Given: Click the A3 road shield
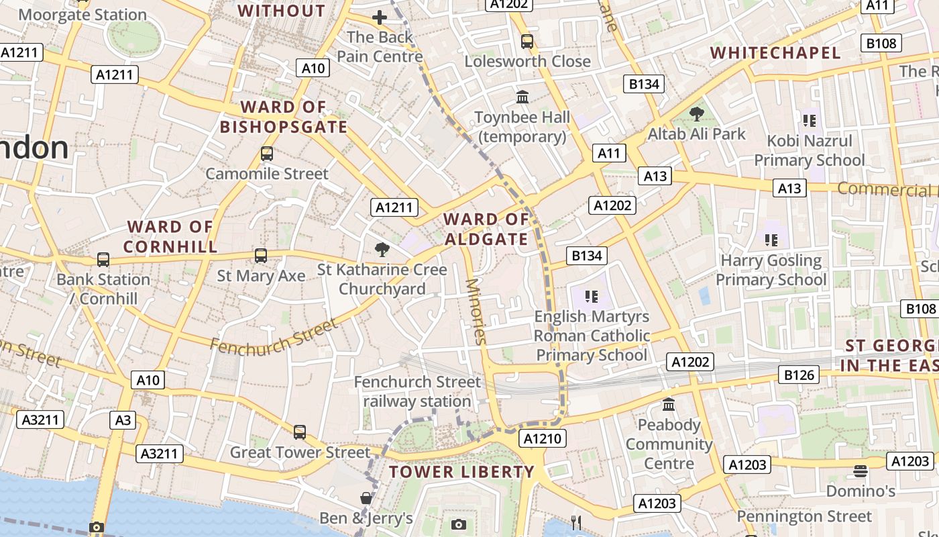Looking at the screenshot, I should click(123, 420).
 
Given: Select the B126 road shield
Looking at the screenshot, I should click(799, 375).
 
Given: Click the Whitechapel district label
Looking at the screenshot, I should click(775, 53).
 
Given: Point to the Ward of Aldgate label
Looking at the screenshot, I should click(486, 230).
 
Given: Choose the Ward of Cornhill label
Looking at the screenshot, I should click(170, 237).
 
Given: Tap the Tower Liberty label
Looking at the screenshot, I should click(461, 472).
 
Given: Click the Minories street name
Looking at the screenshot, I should click(476, 311).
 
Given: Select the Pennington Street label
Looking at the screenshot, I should click(804, 517).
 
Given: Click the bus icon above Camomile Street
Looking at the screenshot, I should click(267, 154).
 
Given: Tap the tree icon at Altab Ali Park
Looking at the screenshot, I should click(697, 113).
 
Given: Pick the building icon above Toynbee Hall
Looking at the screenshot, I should click(522, 97).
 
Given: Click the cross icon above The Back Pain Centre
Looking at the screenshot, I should click(380, 17).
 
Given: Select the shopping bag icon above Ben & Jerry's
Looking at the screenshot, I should click(366, 498).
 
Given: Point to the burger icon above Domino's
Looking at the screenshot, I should click(861, 471).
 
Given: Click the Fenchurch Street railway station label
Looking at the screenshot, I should click(417, 391).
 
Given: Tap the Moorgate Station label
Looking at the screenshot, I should click(82, 15).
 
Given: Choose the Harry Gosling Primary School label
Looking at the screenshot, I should click(771, 270).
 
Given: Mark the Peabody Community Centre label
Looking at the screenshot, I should click(669, 444).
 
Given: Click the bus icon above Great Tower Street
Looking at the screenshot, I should click(300, 432).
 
